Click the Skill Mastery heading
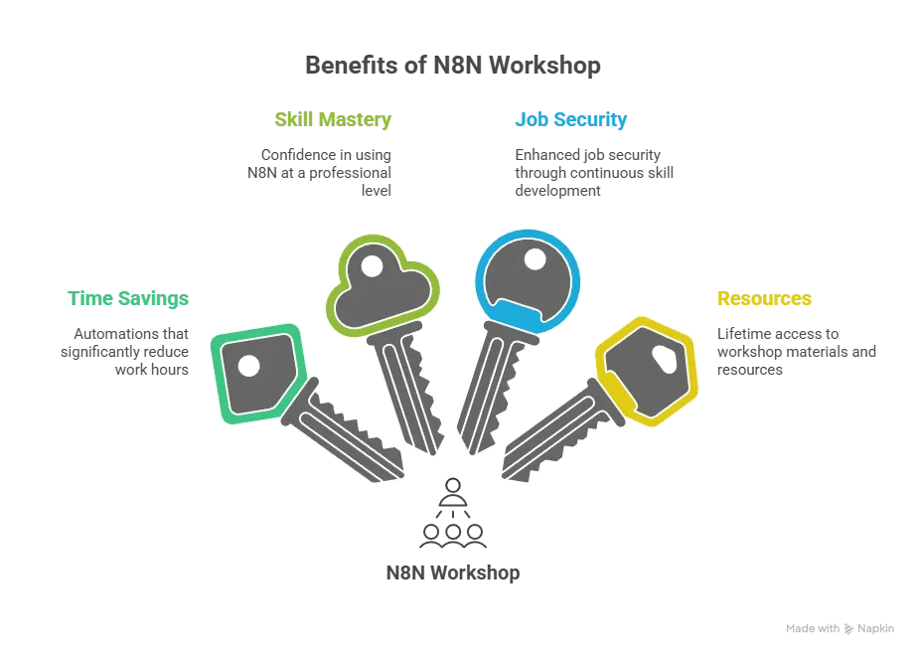coord(333,120)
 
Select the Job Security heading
coord(569,121)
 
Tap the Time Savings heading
coord(127,299)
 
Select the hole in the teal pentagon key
coord(247,365)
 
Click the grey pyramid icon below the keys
coord(453,515)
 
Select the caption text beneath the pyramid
coord(452,574)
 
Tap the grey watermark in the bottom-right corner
coord(841,628)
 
